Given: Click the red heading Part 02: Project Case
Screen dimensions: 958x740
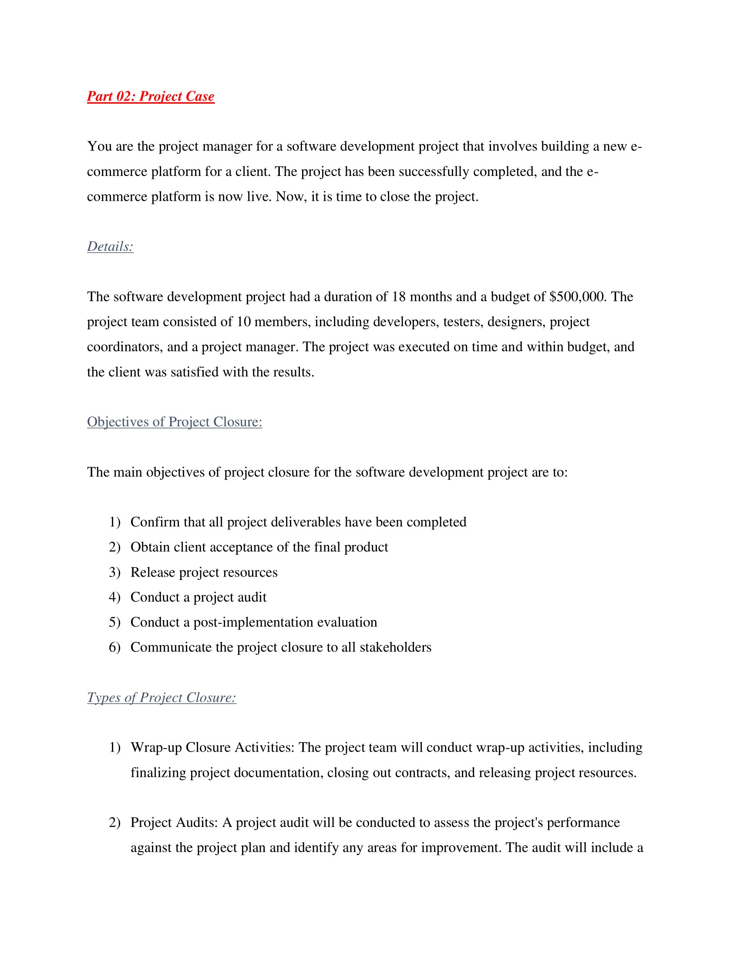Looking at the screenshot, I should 150,96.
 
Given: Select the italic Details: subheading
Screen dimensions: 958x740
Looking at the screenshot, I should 110,246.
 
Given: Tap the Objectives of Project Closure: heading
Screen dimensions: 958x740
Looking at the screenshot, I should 175,422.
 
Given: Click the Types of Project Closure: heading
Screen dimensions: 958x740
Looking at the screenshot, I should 161,698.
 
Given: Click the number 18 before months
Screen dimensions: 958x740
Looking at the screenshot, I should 398,297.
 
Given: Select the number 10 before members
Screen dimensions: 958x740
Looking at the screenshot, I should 243,322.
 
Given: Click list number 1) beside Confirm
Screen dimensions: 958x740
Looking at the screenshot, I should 114,522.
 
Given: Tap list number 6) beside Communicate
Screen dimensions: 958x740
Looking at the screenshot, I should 114,648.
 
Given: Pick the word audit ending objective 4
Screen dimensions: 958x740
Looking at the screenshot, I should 253,597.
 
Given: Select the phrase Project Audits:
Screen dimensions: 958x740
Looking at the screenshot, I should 174,823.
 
